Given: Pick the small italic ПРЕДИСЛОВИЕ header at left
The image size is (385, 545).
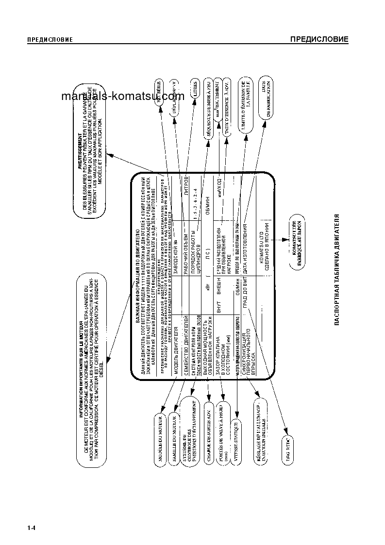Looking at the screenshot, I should tap(50, 40).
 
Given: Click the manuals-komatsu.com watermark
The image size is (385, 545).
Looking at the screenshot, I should tap(123, 96).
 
